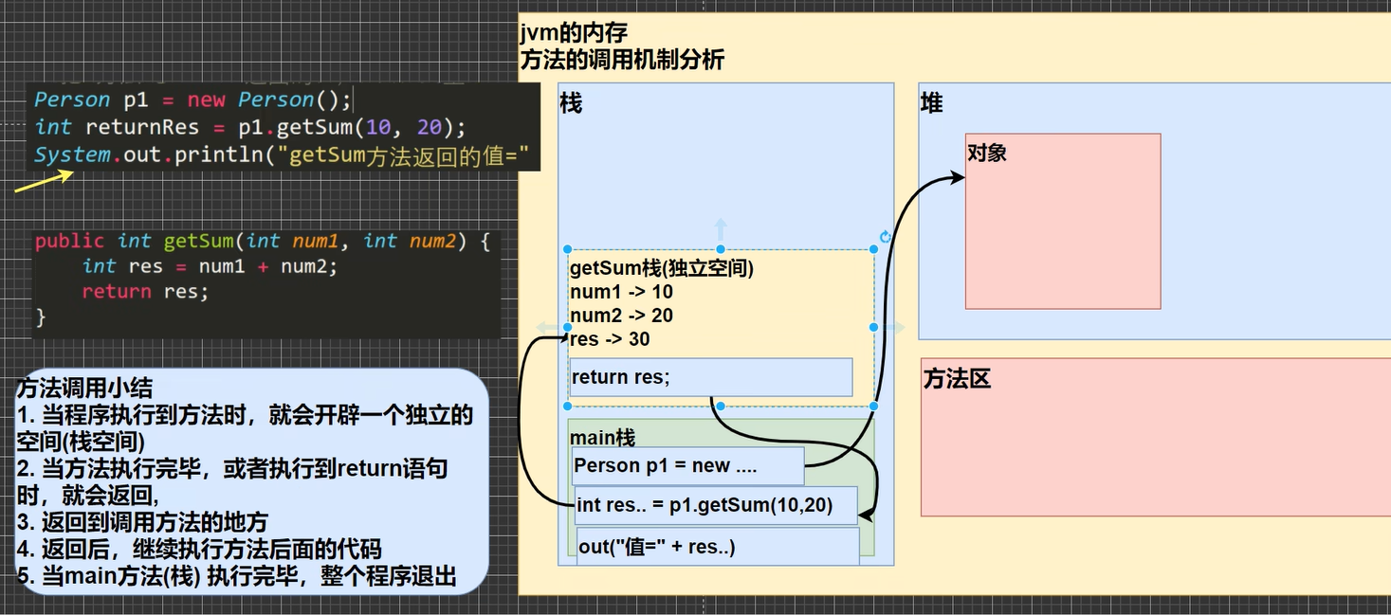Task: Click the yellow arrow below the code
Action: (44, 181)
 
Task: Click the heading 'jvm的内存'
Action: (574, 32)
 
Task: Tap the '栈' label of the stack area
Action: (571, 102)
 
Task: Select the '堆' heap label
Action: (931, 102)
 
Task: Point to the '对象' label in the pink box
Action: (987, 153)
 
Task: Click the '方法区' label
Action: (957, 378)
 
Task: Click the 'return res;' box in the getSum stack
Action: (711, 377)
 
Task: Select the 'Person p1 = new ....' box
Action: (687, 465)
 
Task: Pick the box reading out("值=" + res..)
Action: (718, 546)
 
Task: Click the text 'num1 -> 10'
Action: (621, 292)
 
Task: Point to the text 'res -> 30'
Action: (610, 339)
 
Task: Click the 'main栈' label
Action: (602, 438)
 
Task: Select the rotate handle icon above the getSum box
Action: (886, 237)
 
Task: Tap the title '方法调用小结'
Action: (84, 388)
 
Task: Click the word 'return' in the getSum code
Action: (117, 292)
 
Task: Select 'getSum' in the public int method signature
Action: (199, 241)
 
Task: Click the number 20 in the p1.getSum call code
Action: (430, 127)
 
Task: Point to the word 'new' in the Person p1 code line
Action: (206, 99)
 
